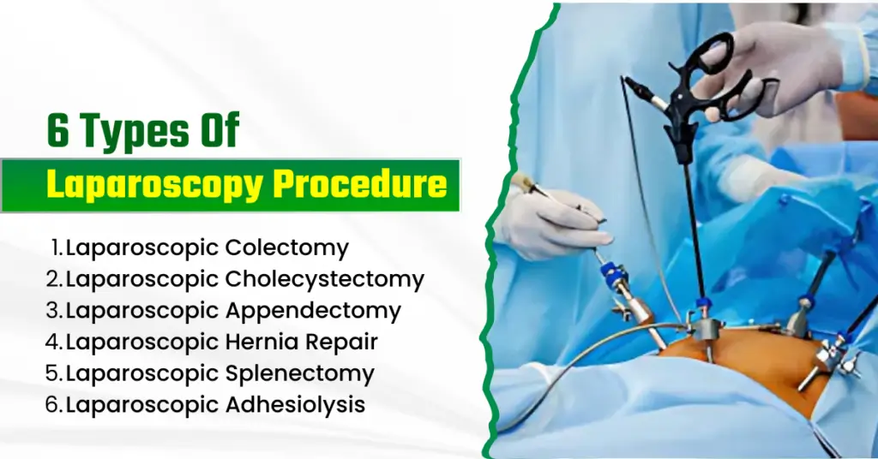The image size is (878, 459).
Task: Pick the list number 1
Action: click(x=56, y=248)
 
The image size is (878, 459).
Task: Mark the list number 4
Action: click(x=54, y=342)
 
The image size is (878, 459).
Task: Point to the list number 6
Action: click(x=54, y=404)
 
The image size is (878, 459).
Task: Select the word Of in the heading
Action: click(x=215, y=134)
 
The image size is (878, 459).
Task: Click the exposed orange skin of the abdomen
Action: click(x=737, y=360)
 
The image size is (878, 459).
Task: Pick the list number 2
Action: click(x=54, y=278)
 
